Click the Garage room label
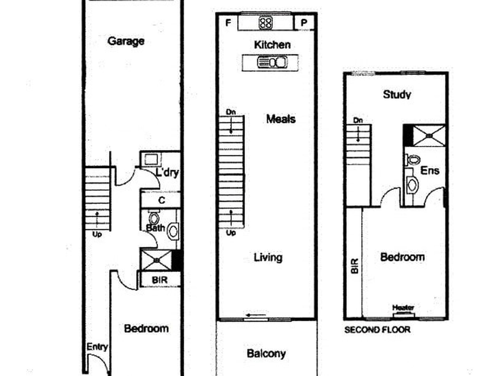point(126,41)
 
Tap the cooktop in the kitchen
point(266,23)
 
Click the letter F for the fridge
point(228,23)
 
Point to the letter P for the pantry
point(304,23)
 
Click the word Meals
point(281,119)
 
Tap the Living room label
point(268,257)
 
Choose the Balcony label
point(266,354)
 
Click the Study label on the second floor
point(397,94)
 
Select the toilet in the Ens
point(413,159)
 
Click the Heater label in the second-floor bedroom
point(403,308)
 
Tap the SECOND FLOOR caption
point(377,330)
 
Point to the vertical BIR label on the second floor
point(355,266)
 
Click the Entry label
point(97,347)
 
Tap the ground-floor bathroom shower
point(157,260)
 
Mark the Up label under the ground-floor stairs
point(97,234)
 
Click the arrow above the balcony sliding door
point(256,315)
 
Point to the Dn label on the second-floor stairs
point(358,121)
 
